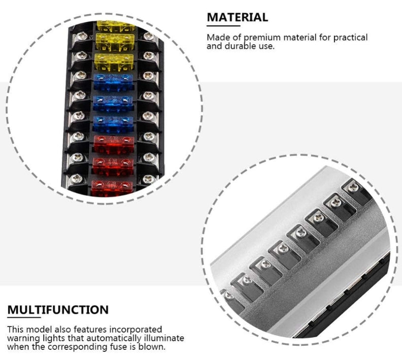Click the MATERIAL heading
point(238,17)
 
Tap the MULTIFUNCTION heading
point(58,310)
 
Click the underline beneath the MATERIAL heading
point(223,25)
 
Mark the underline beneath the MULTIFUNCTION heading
point(24,317)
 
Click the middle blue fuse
point(113,103)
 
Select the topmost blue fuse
point(113,82)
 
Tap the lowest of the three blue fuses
point(113,124)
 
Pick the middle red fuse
point(113,167)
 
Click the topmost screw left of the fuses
point(82,36)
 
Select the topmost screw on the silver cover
point(354,187)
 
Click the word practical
point(350,38)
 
